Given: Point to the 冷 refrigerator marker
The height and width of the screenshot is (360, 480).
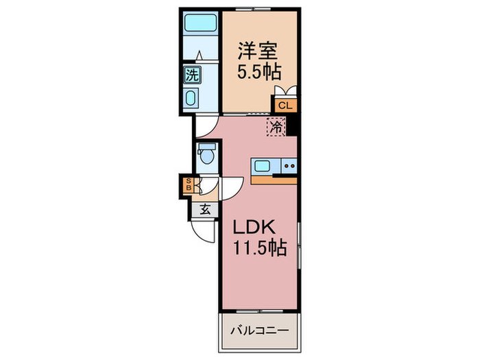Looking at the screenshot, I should (276, 127).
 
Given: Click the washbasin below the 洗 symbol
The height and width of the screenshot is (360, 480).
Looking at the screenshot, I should (190, 97).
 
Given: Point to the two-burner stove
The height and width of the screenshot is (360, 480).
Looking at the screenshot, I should (289, 165).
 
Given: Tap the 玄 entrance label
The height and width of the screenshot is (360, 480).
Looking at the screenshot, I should (205, 211).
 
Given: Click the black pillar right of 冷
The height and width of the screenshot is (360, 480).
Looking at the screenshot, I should (289, 125).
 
